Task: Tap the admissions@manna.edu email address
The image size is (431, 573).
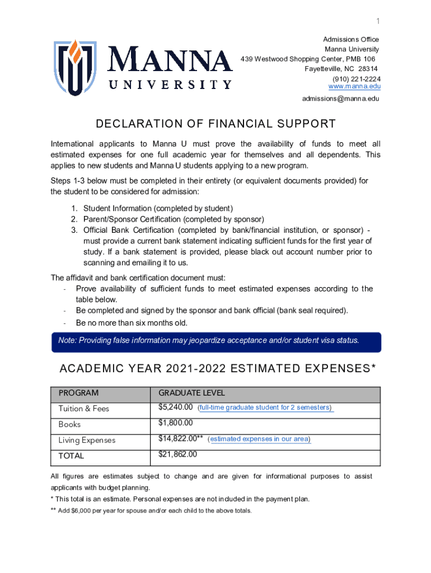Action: [340, 98]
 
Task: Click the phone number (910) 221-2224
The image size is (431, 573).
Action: [356, 78]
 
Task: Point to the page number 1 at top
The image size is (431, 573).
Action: [378, 21]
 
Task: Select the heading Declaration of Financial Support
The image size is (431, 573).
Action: [215, 124]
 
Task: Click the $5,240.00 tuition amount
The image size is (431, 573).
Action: [176, 407]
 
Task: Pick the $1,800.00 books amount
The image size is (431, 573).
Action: [176, 423]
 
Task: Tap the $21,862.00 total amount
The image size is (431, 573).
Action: [178, 454]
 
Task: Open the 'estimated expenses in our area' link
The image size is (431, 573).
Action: [259, 439]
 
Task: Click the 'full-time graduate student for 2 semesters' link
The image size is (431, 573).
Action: [265, 407]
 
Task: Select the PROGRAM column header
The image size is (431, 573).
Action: [78, 393]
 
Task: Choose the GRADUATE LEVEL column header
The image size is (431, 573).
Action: [191, 393]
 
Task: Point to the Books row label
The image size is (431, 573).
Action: [69, 424]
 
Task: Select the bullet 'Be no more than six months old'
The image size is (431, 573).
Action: [132, 323]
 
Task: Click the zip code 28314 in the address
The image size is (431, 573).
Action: [368, 69]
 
